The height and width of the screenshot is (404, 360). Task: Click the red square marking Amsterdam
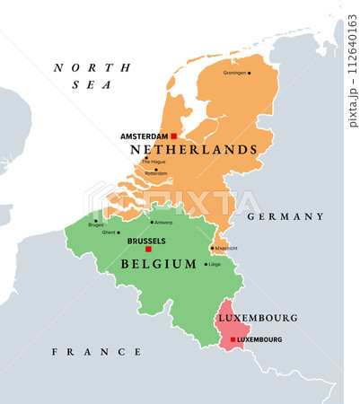[x=173, y=136]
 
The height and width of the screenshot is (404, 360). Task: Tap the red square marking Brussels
[x=148, y=250]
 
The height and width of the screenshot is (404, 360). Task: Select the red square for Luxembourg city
[x=233, y=339]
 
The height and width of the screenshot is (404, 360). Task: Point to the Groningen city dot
[x=250, y=73]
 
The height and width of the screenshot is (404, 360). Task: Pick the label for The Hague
[x=154, y=162]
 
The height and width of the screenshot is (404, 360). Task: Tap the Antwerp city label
[x=162, y=222]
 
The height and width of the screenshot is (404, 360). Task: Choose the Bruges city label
[x=96, y=224]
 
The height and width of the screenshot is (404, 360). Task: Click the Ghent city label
[x=110, y=233]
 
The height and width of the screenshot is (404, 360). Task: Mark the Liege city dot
[x=205, y=264]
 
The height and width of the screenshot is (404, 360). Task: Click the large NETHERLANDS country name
[x=194, y=150]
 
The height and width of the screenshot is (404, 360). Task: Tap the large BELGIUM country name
[x=158, y=264]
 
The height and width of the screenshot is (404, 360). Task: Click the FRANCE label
[x=92, y=352]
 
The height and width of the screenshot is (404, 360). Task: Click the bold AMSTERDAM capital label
[x=144, y=136]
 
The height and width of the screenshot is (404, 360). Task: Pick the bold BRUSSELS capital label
[x=146, y=242]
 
